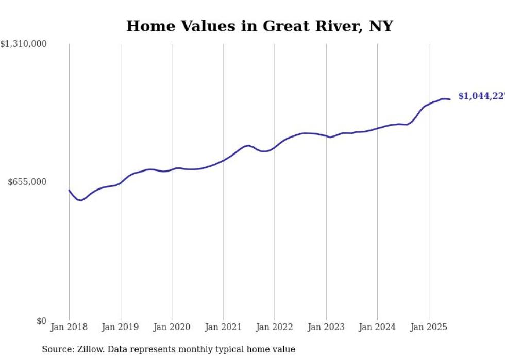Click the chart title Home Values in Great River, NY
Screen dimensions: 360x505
click(259, 26)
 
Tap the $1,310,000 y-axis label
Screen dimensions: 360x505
click(23, 44)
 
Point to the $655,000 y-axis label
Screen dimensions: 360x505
click(27, 182)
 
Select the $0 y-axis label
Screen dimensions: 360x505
click(41, 321)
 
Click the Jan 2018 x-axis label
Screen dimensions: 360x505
click(69, 327)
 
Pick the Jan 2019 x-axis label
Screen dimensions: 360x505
click(121, 327)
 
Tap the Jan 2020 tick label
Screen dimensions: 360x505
click(172, 327)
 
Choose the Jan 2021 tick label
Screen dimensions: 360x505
click(223, 327)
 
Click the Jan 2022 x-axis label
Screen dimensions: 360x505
click(275, 327)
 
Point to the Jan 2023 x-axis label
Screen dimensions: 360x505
click(326, 327)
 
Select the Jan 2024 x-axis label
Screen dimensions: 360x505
click(377, 327)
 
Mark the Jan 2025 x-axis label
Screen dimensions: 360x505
click(429, 327)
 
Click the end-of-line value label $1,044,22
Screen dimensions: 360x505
click(481, 96)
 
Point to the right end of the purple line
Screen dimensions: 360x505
click(450, 99)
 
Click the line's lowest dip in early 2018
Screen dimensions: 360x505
click(81, 200)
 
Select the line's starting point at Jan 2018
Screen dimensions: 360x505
click(69, 190)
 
